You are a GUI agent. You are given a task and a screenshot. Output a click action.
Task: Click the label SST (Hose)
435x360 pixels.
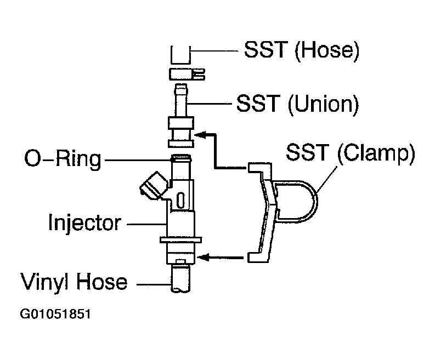click(301, 50)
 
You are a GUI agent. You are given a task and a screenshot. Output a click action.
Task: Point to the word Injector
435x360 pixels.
click(84, 223)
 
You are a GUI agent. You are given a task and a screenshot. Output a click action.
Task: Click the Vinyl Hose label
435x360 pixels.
click(74, 282)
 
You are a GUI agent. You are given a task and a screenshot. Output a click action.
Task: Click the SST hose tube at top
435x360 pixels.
click(180, 55)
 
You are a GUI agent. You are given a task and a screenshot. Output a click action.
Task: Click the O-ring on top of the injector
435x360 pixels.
click(180, 158)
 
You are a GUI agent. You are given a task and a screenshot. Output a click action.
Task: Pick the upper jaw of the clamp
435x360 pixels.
click(258, 167)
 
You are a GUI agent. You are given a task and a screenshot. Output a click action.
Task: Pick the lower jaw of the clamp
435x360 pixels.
click(258, 256)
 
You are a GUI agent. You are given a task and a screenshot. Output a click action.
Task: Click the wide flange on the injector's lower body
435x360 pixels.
click(180, 239)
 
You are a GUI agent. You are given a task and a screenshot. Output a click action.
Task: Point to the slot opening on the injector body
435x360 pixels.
click(181, 199)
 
